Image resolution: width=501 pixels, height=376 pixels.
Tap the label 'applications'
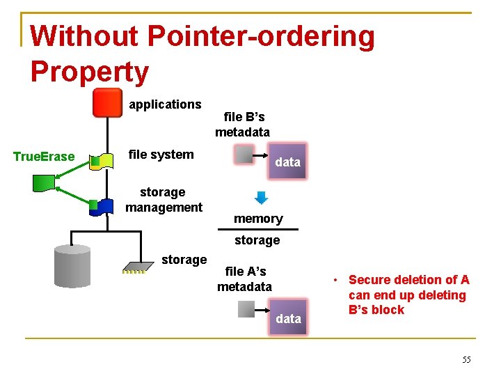pos(165,104)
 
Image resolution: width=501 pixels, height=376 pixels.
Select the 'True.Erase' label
pos(44,157)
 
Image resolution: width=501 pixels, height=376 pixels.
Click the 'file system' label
pos(161,155)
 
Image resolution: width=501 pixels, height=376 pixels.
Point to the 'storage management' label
pos(164,199)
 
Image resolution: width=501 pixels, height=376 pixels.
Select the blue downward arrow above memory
pos(261,197)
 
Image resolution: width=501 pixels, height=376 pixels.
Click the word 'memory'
pos(258,219)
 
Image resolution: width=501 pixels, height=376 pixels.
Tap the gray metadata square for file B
pos(245,155)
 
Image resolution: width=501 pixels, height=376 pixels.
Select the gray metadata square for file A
pos(247,309)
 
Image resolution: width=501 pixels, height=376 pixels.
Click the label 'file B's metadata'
pos(243,125)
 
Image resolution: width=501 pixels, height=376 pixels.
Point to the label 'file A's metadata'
pos(245,279)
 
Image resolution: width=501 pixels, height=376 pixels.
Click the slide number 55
pos(466,359)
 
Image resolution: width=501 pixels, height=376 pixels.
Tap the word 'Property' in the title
pos(90,72)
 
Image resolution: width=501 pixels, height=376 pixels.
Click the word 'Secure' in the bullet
pos(369,280)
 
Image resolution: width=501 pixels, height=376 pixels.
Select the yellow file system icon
pos(102,162)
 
